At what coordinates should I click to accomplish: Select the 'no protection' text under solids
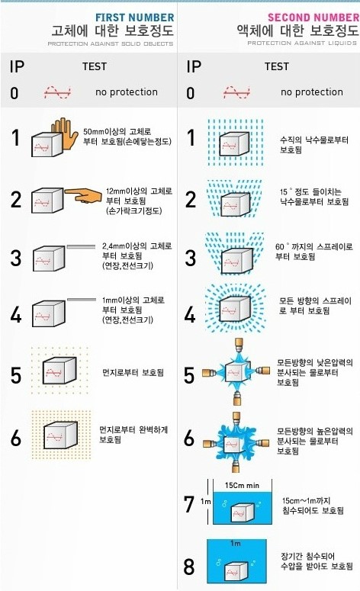tap(127, 92)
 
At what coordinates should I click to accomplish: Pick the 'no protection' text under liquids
tap(311, 92)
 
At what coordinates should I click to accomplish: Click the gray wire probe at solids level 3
tap(86, 246)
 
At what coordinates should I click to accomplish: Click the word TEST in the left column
tap(95, 67)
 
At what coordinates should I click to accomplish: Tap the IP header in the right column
tap(194, 66)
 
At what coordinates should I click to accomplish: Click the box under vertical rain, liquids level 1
tap(233, 143)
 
